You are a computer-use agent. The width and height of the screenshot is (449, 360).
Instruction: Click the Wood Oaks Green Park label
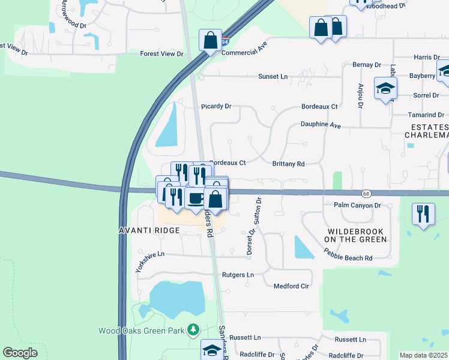(141, 331)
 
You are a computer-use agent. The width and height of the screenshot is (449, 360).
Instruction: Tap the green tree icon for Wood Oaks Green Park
(193, 330)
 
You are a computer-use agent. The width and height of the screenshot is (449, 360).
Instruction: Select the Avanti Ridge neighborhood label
(150, 230)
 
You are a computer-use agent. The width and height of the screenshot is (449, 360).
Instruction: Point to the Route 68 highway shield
(366, 193)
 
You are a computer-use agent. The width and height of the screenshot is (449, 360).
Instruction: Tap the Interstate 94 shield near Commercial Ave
(224, 43)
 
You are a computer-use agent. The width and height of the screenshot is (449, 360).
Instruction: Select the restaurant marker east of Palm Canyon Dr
(424, 215)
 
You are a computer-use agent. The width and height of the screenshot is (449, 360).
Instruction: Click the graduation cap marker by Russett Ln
(211, 350)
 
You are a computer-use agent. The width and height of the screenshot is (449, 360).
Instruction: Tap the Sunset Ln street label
(273, 77)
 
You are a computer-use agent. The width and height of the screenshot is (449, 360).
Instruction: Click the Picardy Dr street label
(216, 106)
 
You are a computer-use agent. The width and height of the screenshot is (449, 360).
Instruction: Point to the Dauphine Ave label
(321, 126)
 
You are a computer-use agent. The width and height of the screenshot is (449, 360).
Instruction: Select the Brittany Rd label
(289, 163)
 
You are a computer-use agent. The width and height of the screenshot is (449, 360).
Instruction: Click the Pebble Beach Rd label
(349, 258)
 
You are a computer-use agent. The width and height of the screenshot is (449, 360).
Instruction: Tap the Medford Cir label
(291, 286)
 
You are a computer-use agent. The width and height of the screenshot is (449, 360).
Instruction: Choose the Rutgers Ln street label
(238, 275)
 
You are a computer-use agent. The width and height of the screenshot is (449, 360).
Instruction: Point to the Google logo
(20, 353)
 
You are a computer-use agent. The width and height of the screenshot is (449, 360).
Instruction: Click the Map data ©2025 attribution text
(423, 355)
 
